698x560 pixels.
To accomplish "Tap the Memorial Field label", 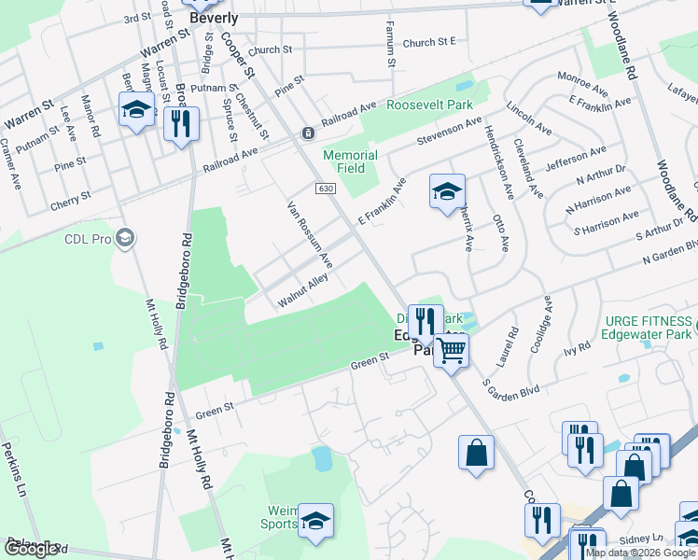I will tap(350, 161).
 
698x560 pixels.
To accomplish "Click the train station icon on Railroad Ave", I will tap(306, 133).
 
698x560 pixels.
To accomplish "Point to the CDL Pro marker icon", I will tap(126, 239).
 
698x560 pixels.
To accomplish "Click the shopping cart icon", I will tap(451, 351).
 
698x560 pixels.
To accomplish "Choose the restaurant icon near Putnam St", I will tap(181, 124).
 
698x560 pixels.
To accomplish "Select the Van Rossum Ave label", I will tap(310, 234).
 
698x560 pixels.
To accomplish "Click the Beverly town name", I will tap(213, 18).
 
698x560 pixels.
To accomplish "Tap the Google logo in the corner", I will tap(32, 549).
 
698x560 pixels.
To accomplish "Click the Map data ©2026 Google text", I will tap(640, 553).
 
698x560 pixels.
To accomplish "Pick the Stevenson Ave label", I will tap(450, 132).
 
